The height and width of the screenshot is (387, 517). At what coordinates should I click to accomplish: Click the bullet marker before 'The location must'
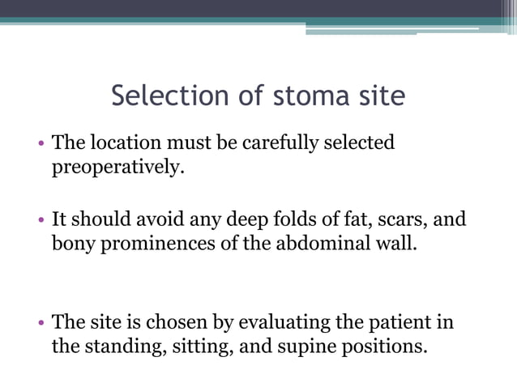coord(41,145)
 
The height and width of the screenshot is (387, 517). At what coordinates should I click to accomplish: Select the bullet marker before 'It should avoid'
coord(41,221)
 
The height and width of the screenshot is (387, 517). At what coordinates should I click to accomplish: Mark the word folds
coord(301,219)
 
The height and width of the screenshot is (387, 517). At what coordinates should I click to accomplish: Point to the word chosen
coord(178,322)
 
